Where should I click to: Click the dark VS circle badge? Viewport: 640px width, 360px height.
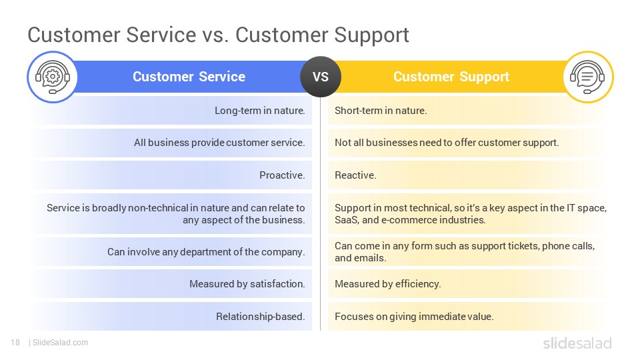click(x=321, y=77)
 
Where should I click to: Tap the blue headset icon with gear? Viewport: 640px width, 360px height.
click(x=52, y=77)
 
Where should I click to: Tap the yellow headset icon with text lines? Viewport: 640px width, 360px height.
click(x=588, y=77)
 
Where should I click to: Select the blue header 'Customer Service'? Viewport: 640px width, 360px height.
click(x=189, y=77)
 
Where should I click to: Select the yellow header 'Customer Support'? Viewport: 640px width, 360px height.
click(x=451, y=77)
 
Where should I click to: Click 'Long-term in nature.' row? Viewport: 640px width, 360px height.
click(x=259, y=111)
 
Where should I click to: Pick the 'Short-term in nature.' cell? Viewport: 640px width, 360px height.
click(x=381, y=111)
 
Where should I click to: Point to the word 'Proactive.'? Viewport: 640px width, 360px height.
click(x=282, y=175)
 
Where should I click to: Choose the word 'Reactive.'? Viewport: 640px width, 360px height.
click(x=355, y=175)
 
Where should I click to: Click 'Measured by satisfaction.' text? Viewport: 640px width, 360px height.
click(x=247, y=284)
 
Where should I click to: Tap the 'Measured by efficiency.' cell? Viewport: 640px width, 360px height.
click(x=388, y=284)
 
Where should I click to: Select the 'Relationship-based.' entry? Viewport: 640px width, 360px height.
click(x=261, y=316)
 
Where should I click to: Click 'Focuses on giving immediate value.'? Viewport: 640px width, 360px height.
click(x=414, y=316)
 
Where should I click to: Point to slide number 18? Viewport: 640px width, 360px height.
click(x=15, y=343)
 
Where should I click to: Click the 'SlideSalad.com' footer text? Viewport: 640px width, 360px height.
click(x=61, y=343)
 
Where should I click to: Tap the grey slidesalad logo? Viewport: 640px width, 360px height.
click(x=577, y=343)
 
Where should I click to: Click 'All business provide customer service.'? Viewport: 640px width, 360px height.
click(x=219, y=143)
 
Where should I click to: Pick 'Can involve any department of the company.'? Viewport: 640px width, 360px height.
click(x=206, y=252)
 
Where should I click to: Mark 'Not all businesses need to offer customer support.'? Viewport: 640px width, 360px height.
click(x=447, y=143)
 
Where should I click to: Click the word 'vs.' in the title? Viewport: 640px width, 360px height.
click(x=215, y=35)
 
